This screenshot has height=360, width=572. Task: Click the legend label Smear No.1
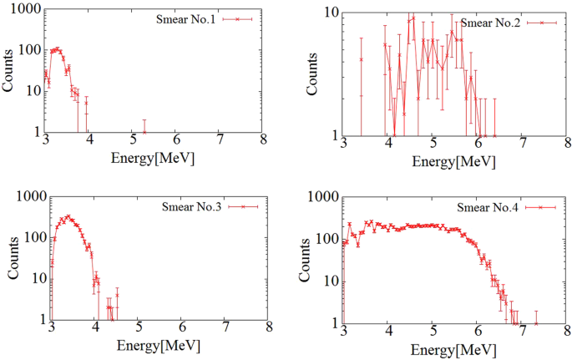185,18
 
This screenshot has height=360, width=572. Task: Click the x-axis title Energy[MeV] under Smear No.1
156,156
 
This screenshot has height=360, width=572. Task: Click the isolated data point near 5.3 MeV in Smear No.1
144,131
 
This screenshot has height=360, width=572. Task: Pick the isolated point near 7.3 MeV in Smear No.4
536,322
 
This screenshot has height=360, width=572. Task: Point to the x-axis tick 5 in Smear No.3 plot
139,331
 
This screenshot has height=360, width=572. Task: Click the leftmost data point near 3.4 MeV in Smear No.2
361,59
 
